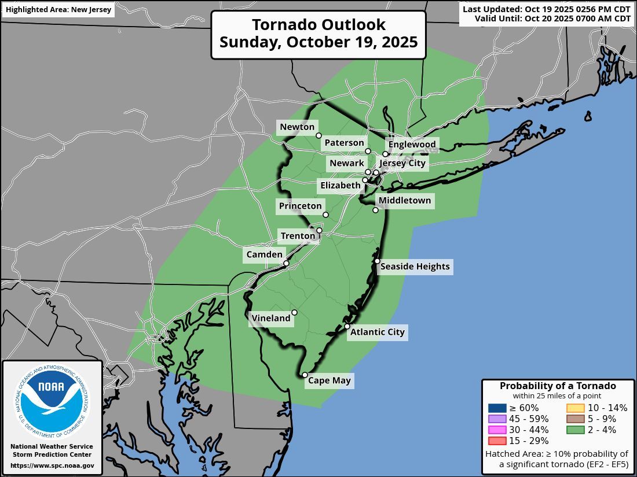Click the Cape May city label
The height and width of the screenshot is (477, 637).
point(329,380)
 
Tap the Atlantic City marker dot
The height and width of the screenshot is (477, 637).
point(347,327)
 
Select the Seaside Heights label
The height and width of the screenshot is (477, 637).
point(415,267)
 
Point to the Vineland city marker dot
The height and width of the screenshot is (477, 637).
point(294,313)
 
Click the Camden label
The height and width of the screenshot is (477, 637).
point(265,254)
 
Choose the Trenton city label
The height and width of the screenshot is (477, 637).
point(298,236)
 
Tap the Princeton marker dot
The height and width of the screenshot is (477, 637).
point(325,215)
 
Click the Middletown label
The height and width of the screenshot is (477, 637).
point(405,201)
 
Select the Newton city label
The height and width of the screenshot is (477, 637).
point(297,127)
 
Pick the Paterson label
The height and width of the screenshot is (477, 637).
point(344,143)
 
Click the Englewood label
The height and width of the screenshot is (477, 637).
point(412,144)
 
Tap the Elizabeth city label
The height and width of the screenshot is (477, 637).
point(340,186)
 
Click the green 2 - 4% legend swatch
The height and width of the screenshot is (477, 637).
point(575,430)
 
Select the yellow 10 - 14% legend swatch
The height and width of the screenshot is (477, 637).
point(575,408)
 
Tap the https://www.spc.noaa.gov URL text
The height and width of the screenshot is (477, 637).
point(52,465)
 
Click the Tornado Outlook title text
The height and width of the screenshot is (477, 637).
point(318,25)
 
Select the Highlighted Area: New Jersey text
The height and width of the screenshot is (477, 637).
point(58,10)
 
